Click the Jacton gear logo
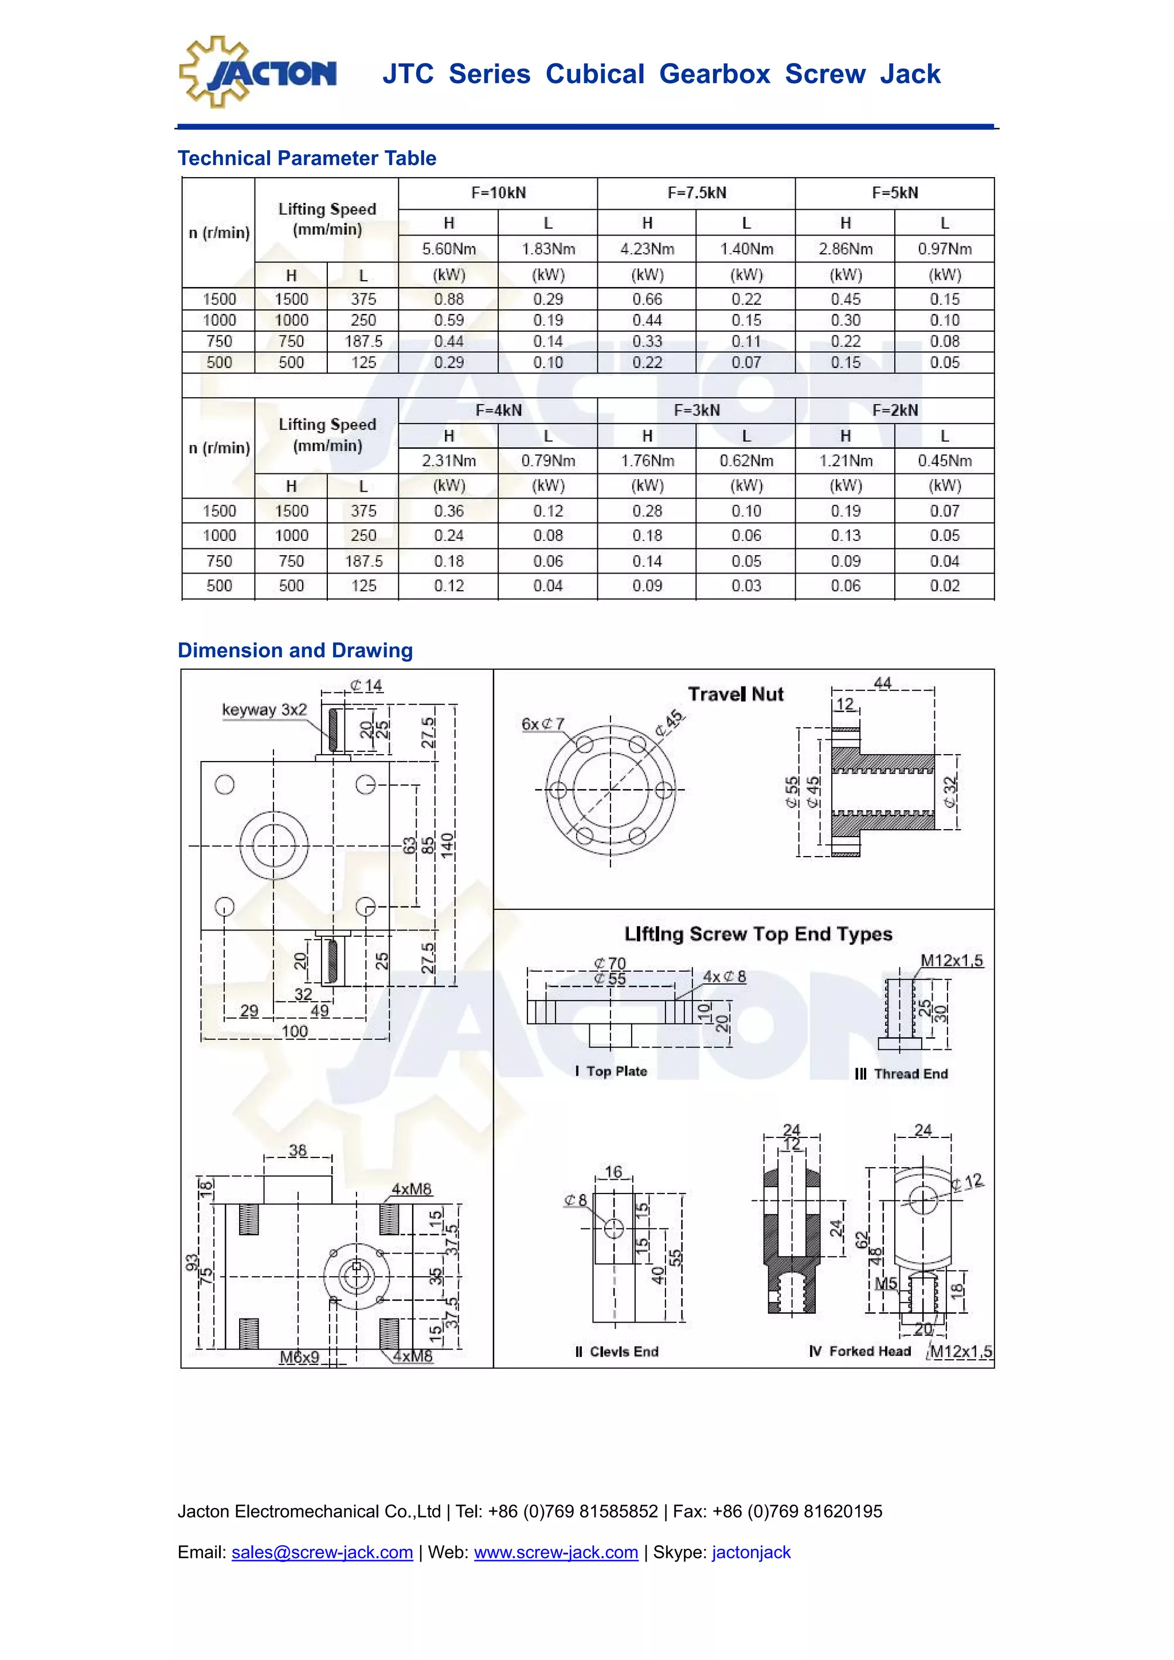coord(257,73)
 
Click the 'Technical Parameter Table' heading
coord(307,158)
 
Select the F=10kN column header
coord(498,193)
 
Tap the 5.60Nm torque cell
coord(448,249)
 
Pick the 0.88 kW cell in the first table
coord(448,299)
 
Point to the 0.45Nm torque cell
coord(944,461)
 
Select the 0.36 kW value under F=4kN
coord(448,511)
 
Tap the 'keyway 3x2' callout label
coord(264,710)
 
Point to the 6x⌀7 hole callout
coord(542,724)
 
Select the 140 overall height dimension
coord(447,845)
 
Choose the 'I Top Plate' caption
coord(611,1072)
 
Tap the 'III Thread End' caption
coord(901,1074)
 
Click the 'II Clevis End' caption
coord(616,1352)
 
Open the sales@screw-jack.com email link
coord(322,1552)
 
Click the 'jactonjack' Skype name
coord(751,1552)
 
